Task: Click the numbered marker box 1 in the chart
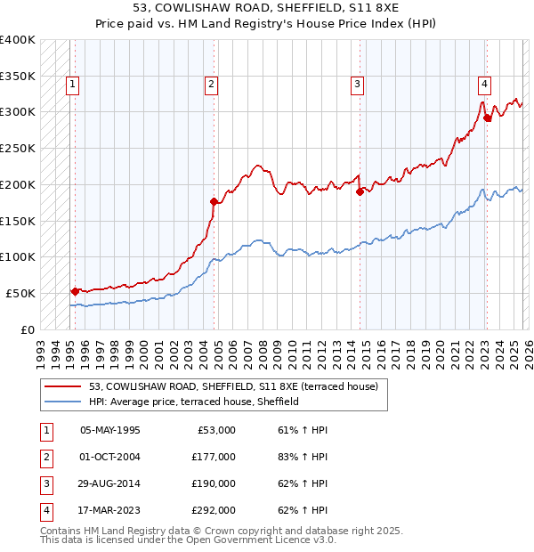[72, 85]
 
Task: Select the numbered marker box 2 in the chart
[211, 85]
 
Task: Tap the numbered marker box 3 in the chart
[357, 85]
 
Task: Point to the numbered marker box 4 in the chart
[484, 85]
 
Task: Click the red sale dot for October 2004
[214, 201]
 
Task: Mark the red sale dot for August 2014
[360, 191]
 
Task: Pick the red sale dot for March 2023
[487, 117]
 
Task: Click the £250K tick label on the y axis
[18, 148]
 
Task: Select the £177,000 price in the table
[214, 457]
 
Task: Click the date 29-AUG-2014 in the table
[109, 483]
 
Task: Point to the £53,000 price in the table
[216, 430]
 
